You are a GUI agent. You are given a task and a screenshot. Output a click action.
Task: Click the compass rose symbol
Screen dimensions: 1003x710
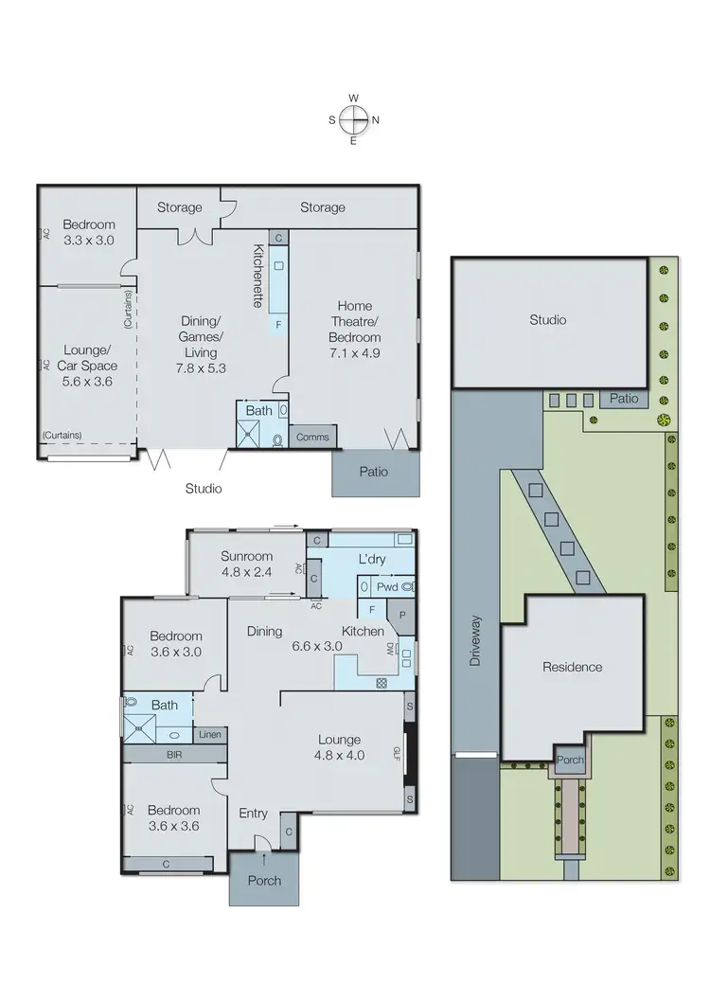353,119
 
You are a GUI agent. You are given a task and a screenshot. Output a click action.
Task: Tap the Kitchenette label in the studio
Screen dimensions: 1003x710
257,276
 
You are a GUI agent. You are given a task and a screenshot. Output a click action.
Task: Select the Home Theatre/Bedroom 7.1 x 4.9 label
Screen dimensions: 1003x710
354,322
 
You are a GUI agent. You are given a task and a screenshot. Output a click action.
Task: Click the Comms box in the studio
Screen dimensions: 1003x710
311,437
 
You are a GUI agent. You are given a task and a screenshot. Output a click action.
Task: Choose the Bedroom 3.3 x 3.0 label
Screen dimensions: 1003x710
88,232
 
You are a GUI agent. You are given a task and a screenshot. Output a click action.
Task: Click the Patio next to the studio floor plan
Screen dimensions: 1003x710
373,471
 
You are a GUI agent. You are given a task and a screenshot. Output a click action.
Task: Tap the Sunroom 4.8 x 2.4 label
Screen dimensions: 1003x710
246,564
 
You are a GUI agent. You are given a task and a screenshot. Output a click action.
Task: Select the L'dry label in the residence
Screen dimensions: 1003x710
369,560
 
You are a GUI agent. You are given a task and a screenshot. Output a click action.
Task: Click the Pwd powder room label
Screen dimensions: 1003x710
387,587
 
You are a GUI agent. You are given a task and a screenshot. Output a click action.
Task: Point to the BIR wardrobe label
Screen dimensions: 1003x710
174,754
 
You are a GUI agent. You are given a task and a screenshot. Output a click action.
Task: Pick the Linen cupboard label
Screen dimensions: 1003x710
209,734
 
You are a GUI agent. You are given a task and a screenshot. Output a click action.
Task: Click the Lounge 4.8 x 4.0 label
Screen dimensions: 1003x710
339,748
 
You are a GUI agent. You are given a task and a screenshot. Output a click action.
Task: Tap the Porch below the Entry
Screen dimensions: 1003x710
263,880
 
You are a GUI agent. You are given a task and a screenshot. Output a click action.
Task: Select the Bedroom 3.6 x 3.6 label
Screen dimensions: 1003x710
173,817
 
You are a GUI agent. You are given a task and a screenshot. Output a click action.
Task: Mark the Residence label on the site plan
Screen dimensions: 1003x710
572,667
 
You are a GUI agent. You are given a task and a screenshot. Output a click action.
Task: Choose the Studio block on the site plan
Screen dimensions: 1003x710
547,320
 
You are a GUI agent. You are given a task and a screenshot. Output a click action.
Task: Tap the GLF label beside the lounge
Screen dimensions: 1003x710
399,754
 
